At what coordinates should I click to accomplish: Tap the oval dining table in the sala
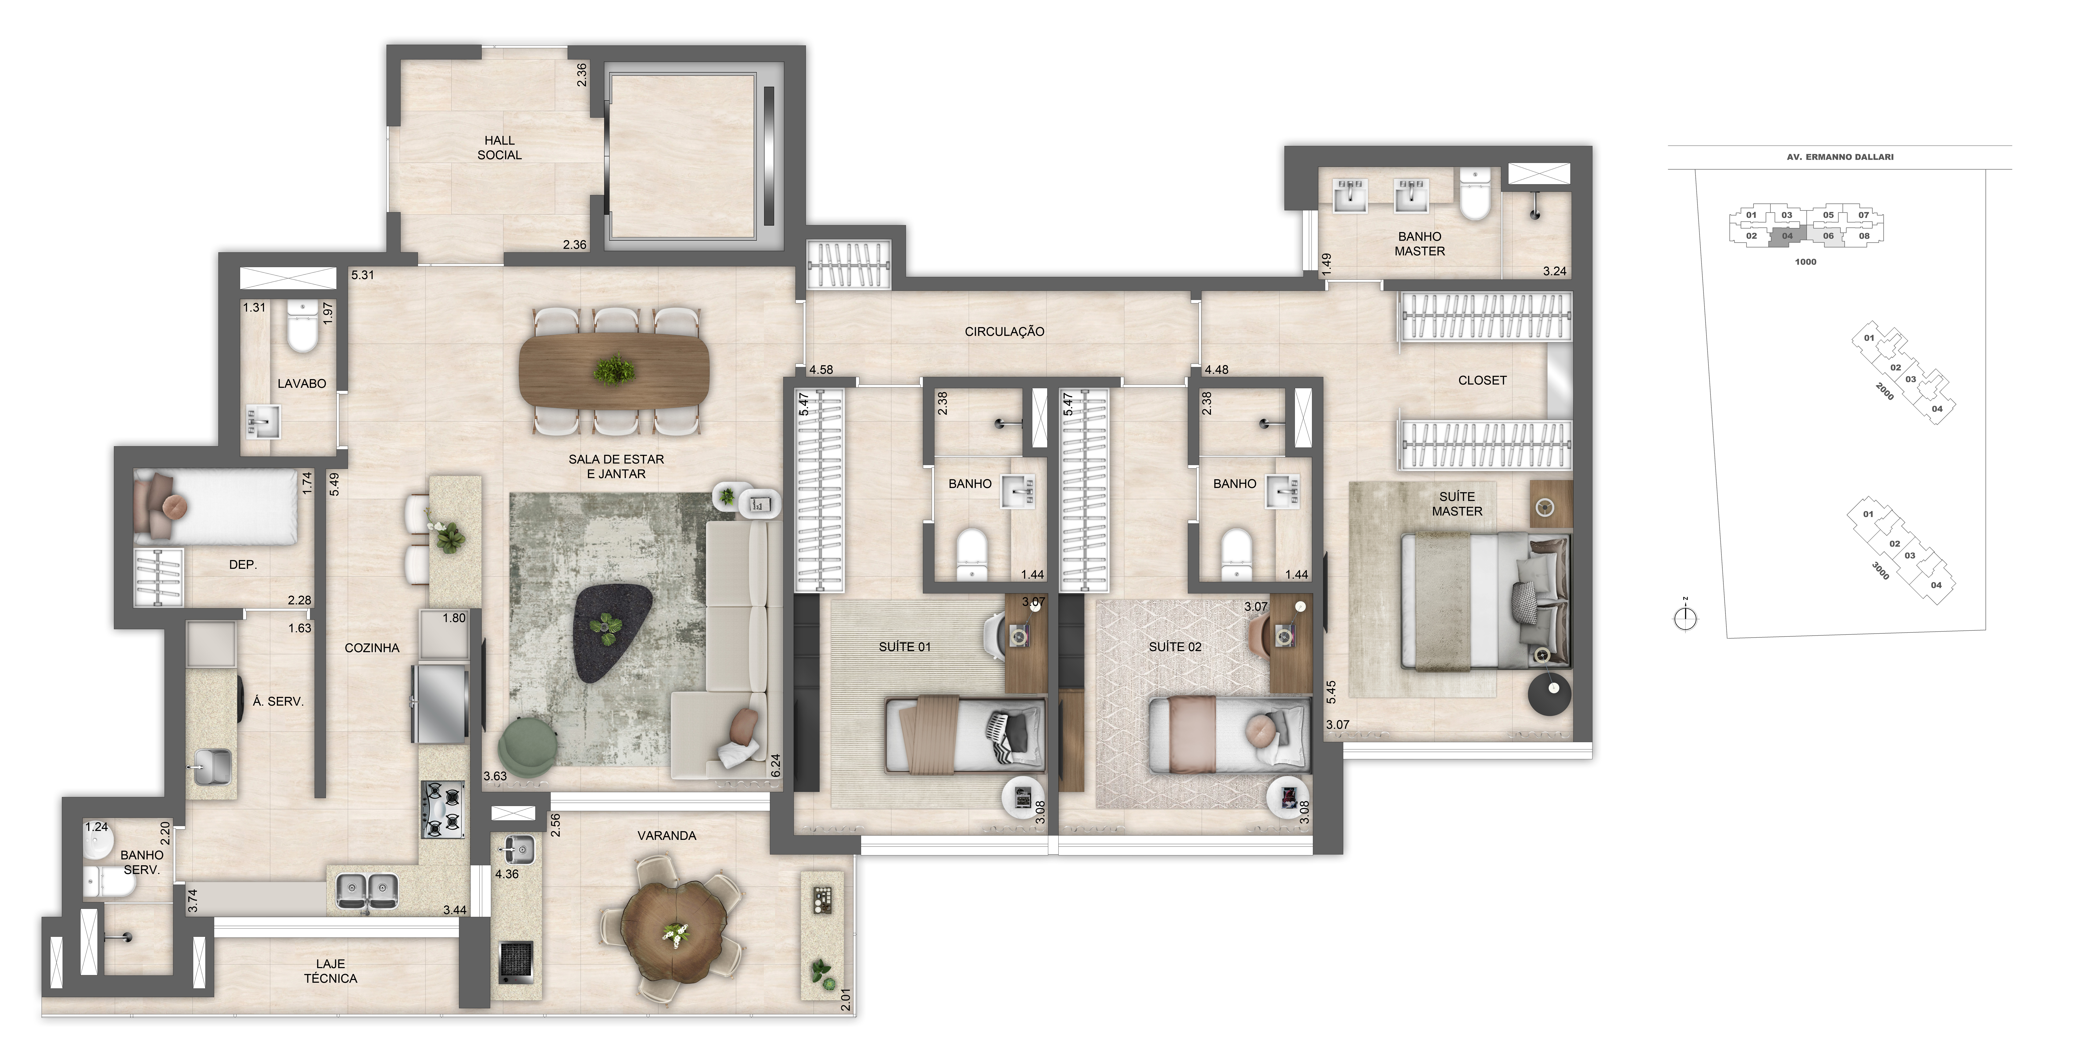coord(616,370)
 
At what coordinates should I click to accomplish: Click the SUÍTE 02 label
coord(1175,647)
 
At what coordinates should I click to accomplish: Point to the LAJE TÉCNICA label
coord(330,971)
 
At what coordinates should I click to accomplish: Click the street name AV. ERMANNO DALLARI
coord(1840,157)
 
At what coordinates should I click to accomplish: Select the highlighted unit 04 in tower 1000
coord(1787,236)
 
